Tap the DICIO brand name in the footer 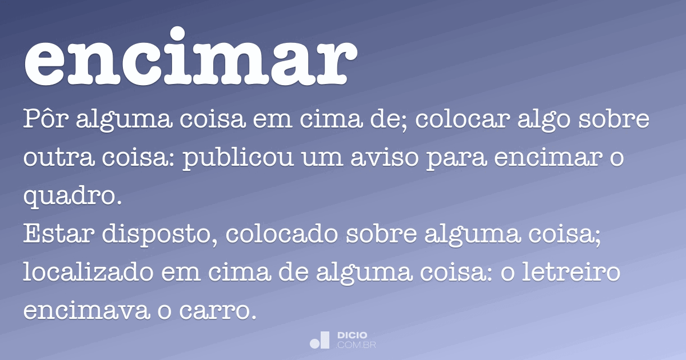point(353,335)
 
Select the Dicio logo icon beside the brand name point(320,339)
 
